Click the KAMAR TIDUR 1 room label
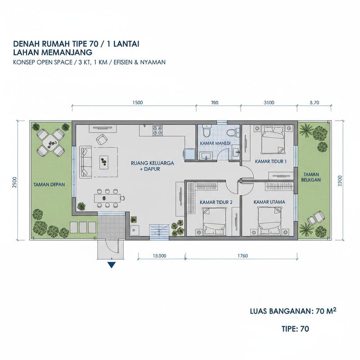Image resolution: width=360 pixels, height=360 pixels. pos(271,162)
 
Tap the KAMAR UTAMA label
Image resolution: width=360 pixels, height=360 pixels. pos(269,202)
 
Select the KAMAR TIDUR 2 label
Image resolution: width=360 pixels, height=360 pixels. pos(216,202)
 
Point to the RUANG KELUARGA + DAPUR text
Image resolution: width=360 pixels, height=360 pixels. pos(152,166)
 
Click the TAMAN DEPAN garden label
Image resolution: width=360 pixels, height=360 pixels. pos(49,184)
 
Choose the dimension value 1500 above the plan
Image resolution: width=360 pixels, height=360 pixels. pos(138,103)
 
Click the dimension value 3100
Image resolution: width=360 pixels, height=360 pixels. pos(269,103)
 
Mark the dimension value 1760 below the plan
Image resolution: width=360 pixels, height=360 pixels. pos(243,256)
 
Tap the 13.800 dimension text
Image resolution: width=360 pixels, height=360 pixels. pos(159,256)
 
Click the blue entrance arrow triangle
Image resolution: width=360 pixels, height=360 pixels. pos(111,265)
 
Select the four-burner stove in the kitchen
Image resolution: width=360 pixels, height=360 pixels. pos(158,130)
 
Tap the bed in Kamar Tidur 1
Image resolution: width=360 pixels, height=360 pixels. pos(273,139)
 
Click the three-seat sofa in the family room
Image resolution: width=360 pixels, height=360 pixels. pos(86,162)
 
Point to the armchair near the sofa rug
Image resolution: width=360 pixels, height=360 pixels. pos(101,139)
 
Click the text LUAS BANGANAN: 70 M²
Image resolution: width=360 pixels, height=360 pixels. pos(293,311)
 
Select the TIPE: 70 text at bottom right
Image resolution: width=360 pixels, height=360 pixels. pos(295,329)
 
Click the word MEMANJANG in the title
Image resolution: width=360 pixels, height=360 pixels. pos(66,52)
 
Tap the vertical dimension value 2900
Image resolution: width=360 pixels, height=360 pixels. pos(15,183)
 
